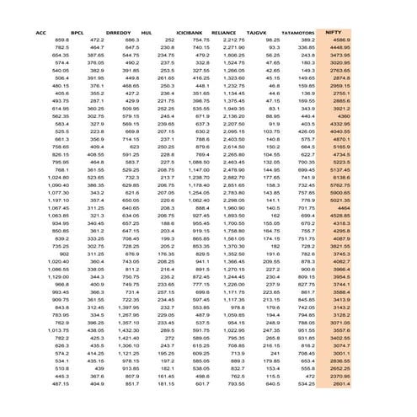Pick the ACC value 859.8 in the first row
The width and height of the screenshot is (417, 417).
(62, 40)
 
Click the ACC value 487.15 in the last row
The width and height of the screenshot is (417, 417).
(60, 382)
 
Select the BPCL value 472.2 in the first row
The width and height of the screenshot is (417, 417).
(96, 40)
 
